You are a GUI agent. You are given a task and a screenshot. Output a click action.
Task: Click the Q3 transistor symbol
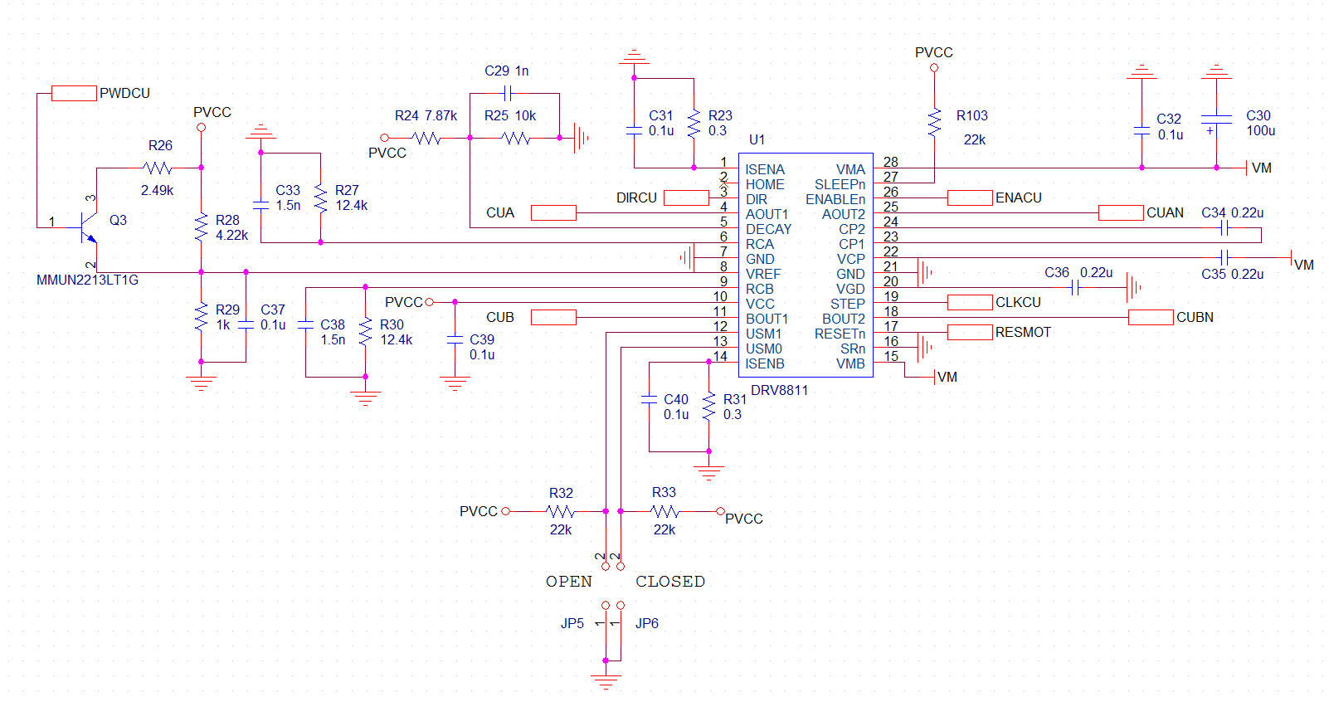pyautogui.click(x=89, y=227)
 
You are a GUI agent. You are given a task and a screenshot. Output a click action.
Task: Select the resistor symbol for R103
pyautogui.click(x=934, y=123)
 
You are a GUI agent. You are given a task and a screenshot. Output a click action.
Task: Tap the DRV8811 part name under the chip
pyautogui.click(x=779, y=391)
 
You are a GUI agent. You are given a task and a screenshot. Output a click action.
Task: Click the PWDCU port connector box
pyautogui.click(x=74, y=93)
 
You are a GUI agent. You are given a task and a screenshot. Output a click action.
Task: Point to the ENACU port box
pyautogui.click(x=970, y=197)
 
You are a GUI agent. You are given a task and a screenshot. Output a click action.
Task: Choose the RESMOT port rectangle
pyautogui.click(x=970, y=332)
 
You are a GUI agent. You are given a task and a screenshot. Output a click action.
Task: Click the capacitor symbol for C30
pyautogui.click(x=1216, y=123)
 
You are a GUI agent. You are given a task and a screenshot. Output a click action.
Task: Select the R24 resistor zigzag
pyautogui.click(x=426, y=139)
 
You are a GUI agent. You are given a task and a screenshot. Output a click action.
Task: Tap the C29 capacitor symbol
pyautogui.click(x=507, y=93)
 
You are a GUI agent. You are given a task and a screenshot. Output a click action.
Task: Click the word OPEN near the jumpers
pyautogui.click(x=569, y=582)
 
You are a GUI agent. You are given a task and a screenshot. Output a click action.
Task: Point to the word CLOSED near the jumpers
pyautogui.click(x=670, y=582)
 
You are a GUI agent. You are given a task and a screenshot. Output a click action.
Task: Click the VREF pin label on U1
pyautogui.click(x=763, y=274)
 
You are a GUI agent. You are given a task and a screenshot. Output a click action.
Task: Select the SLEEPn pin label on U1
pyautogui.click(x=840, y=184)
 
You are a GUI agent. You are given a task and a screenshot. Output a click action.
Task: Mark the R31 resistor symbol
pyautogui.click(x=708, y=407)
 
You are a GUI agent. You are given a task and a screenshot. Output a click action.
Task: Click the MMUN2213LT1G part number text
pyautogui.click(x=87, y=280)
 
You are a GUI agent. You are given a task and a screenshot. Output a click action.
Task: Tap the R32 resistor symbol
pyautogui.click(x=560, y=511)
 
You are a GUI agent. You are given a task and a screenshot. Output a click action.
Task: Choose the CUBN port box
pyautogui.click(x=1151, y=318)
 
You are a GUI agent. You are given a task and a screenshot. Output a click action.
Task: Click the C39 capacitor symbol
pyautogui.click(x=455, y=339)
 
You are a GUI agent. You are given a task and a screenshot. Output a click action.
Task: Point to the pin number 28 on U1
pyautogui.click(x=890, y=162)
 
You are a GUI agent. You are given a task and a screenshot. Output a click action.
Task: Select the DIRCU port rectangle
pyautogui.click(x=686, y=197)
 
